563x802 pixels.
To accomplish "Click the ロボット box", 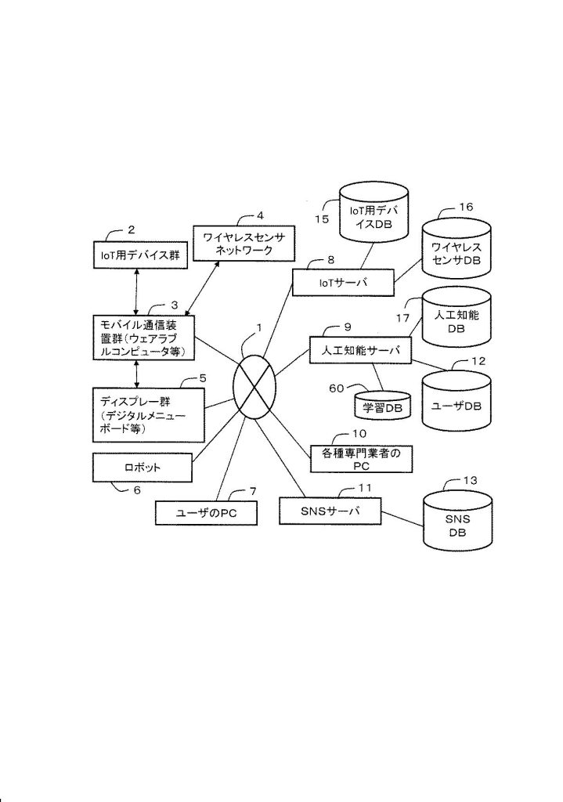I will [142, 468].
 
